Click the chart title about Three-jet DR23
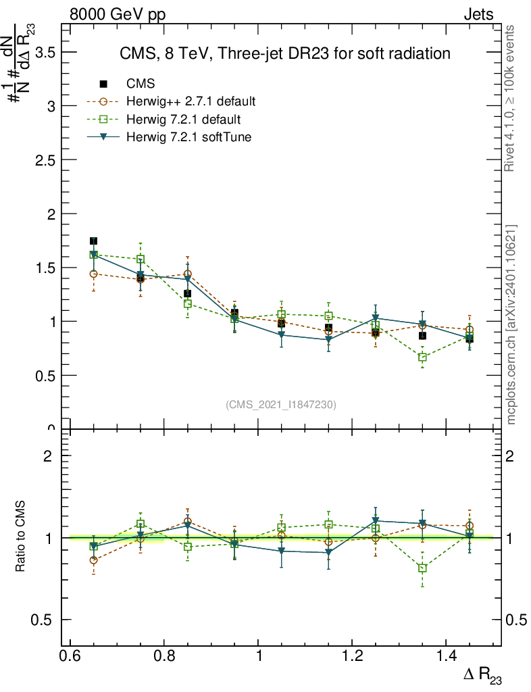[x=284, y=53]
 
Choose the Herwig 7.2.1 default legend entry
[x=183, y=120]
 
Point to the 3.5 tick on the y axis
[x=43, y=53]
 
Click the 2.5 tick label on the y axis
[x=43, y=160]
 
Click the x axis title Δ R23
[x=482, y=676]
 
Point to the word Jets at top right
[x=478, y=15]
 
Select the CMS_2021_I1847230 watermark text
[x=281, y=405]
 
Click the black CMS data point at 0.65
[x=93, y=241]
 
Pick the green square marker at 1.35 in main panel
[x=422, y=357]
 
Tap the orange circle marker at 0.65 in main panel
[x=93, y=274]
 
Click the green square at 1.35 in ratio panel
[x=422, y=568]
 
